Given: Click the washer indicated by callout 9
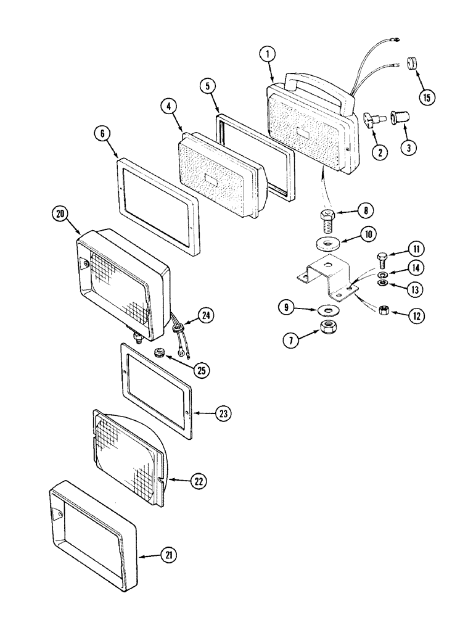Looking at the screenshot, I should [328, 308].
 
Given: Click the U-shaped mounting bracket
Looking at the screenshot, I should [327, 276].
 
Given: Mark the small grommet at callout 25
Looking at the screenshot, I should [159, 354].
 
